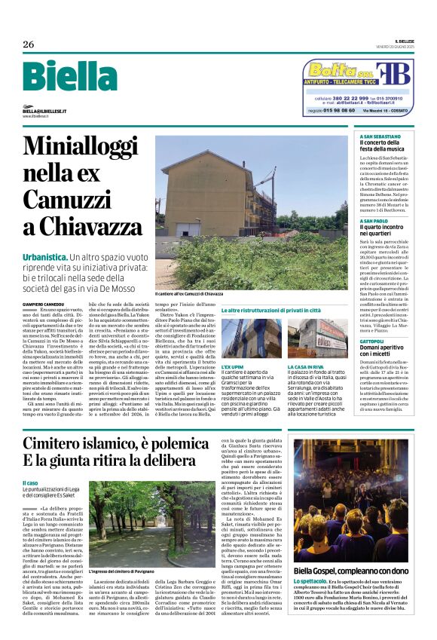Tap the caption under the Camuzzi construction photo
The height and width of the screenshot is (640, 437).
click(x=189, y=293)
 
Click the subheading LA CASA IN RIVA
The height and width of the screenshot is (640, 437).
click(x=306, y=366)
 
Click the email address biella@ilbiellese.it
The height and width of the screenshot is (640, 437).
click(x=49, y=111)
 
